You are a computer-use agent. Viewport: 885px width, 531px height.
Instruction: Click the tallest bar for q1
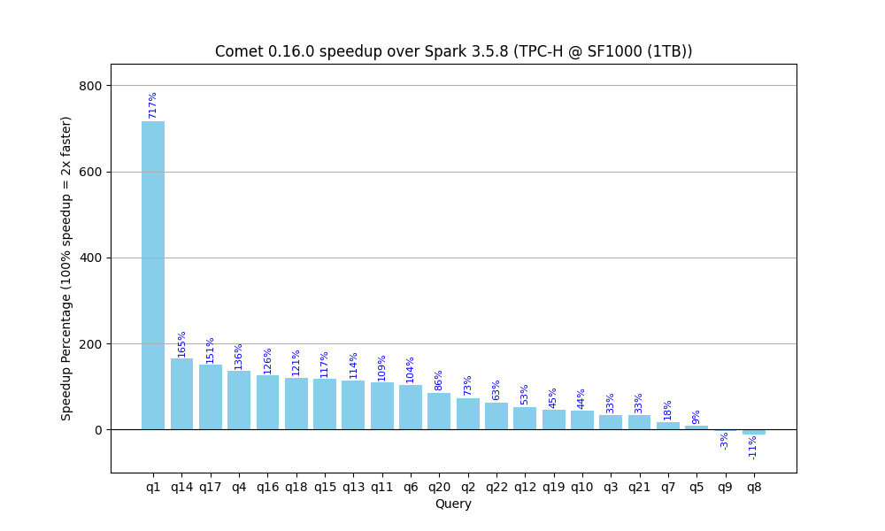click(153, 275)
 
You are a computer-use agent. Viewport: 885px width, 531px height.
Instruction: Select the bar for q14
click(181, 394)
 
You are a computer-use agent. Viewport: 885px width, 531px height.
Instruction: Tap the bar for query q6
click(411, 407)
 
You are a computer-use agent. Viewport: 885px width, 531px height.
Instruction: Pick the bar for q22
click(496, 416)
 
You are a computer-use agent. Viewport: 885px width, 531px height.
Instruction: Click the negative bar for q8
click(753, 432)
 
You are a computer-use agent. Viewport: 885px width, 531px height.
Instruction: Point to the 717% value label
click(152, 105)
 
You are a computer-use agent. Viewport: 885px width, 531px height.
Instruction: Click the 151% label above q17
click(210, 350)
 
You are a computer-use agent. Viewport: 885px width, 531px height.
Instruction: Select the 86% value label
click(439, 381)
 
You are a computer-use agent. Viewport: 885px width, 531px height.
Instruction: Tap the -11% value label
click(752, 448)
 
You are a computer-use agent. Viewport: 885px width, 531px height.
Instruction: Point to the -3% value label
click(724, 441)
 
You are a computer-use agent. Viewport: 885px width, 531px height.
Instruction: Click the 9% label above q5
click(696, 418)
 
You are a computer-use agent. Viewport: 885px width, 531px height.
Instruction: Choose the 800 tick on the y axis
click(91, 86)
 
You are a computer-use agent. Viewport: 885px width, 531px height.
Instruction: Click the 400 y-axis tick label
click(91, 258)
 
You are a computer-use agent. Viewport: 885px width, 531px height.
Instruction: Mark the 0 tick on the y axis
click(99, 430)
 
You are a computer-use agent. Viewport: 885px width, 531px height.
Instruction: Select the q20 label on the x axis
click(439, 487)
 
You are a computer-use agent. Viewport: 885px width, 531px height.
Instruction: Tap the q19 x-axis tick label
click(554, 487)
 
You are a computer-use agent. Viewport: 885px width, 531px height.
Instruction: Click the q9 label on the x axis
click(726, 487)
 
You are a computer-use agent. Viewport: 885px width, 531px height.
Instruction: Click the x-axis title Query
click(453, 504)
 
